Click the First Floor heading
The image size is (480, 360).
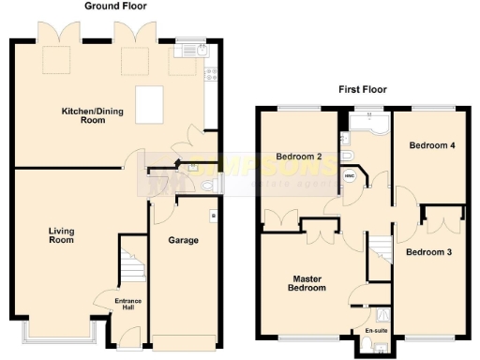[x=363, y=90]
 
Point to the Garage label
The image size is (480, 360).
[x=183, y=240]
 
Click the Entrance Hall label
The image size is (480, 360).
[x=127, y=305]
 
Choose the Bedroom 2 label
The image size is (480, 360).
[x=299, y=157]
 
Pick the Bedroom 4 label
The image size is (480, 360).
[x=432, y=145]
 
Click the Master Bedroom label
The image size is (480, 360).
[x=308, y=283]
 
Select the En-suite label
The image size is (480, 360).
[x=377, y=330]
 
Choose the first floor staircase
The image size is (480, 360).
[x=379, y=251]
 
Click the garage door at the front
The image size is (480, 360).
[x=184, y=337]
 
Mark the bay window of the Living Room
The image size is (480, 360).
[x=55, y=331]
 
